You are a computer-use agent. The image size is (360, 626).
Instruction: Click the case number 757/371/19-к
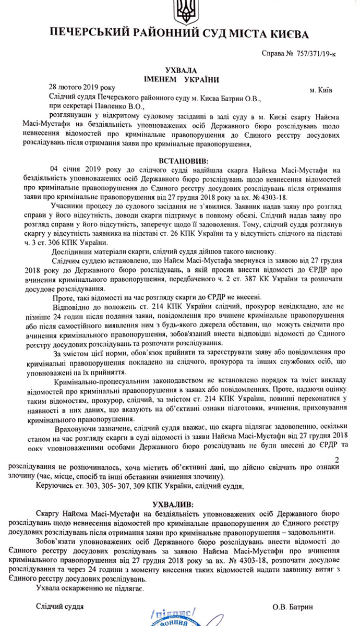[319, 54]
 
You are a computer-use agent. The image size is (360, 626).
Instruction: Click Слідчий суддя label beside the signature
[59, 607]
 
